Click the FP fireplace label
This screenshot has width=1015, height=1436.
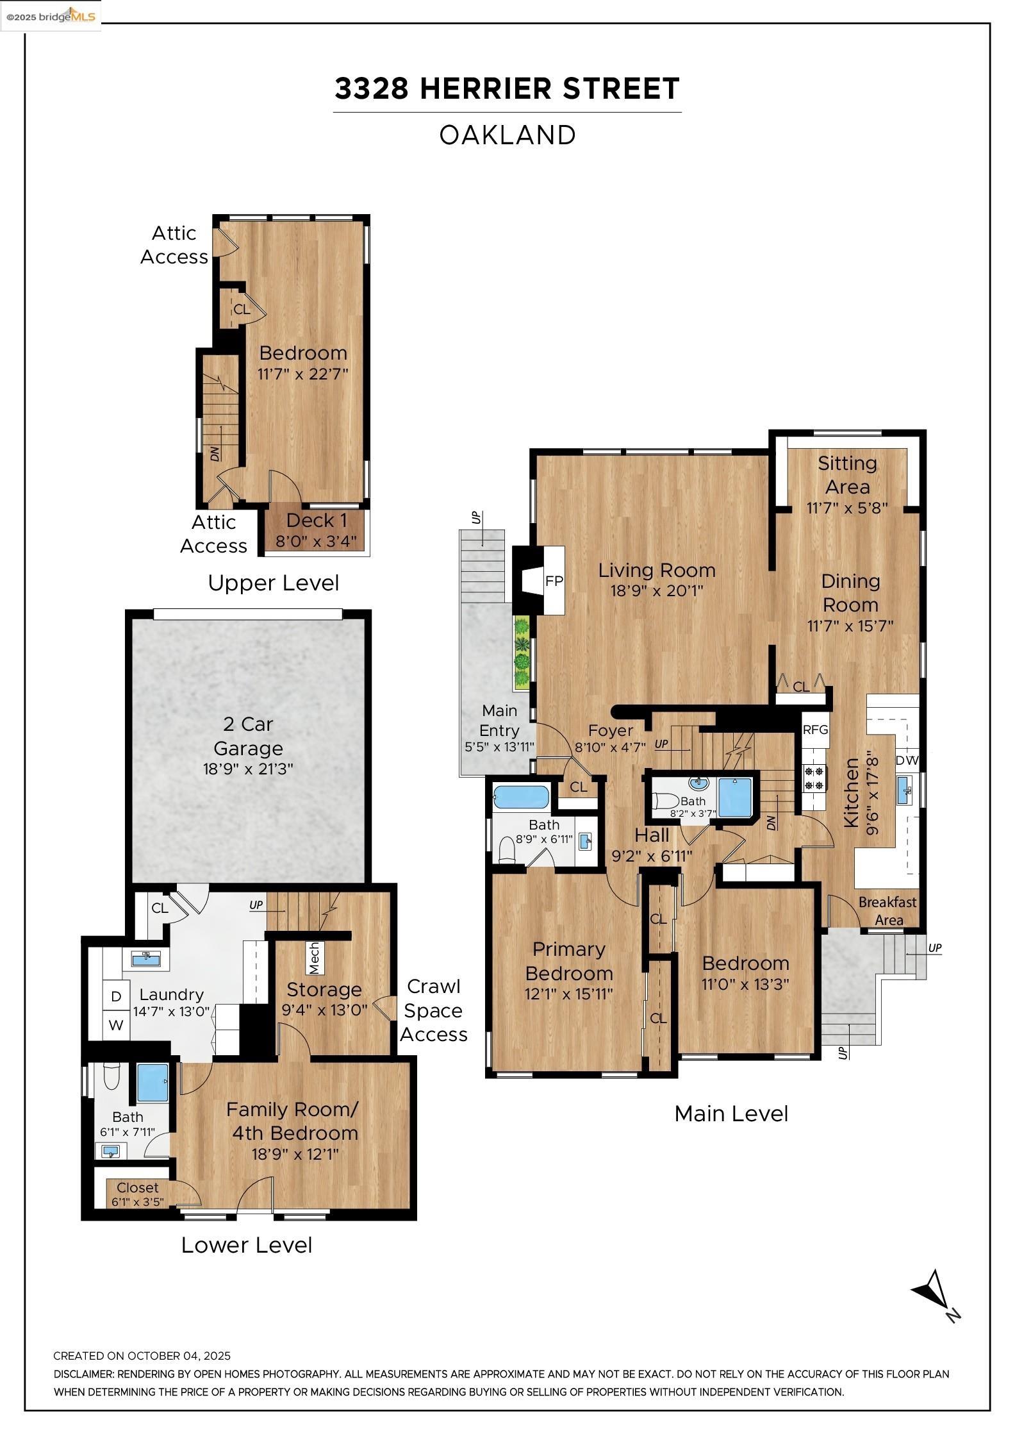tap(554, 581)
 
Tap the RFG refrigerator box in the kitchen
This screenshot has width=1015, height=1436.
tap(815, 730)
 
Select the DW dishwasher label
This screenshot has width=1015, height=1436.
tap(907, 760)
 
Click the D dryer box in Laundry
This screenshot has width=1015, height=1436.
tap(116, 996)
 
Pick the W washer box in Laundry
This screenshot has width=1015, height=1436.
tap(116, 1025)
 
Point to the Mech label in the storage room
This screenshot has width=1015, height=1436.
tap(314, 957)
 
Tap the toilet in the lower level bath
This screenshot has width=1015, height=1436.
tap(111, 1076)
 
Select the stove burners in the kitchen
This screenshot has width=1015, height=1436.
tap(814, 778)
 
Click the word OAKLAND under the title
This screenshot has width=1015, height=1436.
tap(507, 135)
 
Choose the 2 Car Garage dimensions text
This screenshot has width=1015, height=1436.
tap(248, 768)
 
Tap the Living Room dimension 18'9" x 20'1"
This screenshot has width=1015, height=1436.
tap(657, 590)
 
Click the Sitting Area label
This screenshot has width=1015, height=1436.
tap(847, 474)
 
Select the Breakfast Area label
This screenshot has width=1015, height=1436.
tap(888, 911)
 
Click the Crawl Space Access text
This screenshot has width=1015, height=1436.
tap(434, 1010)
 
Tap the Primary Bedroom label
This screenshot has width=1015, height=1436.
tap(569, 961)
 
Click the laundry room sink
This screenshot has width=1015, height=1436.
tap(146, 958)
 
